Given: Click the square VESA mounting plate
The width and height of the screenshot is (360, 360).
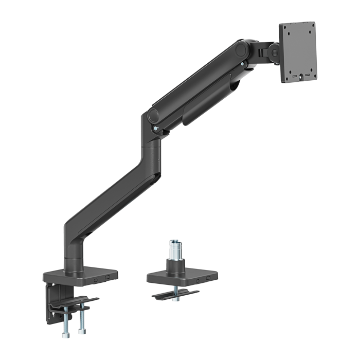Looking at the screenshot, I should [298, 51].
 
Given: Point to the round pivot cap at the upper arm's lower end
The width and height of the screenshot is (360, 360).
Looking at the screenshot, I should [153, 116].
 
